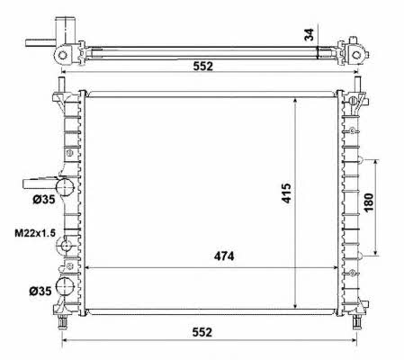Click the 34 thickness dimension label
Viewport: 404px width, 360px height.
pyautogui.click(x=309, y=34)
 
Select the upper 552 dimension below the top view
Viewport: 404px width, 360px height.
pyautogui.click(x=203, y=66)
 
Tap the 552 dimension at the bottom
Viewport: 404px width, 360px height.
pyautogui.click(x=202, y=332)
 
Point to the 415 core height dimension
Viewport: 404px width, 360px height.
pyautogui.click(x=286, y=193)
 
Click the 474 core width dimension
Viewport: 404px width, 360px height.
pyautogui.click(x=224, y=256)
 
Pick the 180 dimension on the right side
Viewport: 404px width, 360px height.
pyautogui.click(x=369, y=202)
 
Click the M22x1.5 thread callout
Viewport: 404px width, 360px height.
pyautogui.click(x=35, y=233)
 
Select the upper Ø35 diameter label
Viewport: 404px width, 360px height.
pyautogui.click(x=44, y=199)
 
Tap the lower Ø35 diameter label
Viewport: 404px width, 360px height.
pyautogui.click(x=40, y=291)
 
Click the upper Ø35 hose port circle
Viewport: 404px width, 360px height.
pyautogui.click(x=65, y=186)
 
